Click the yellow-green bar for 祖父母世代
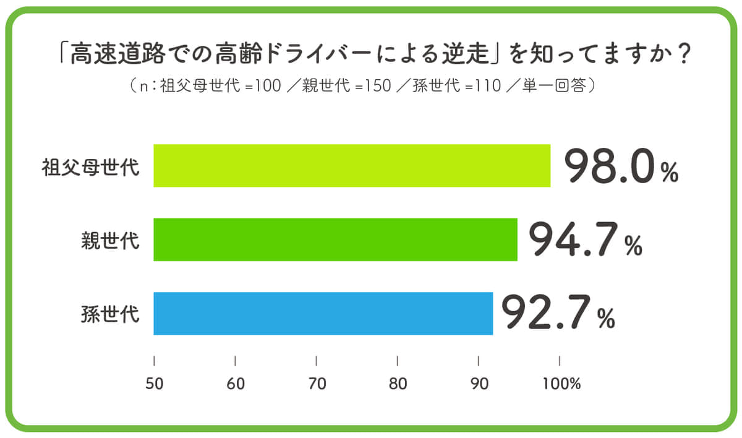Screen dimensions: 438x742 pos(351,166)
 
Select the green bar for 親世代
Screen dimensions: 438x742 pos(335,239)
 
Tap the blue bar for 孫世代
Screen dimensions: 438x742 pos(323,313)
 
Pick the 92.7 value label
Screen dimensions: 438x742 pos(546,313)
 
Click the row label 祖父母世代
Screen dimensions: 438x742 pos(90,167)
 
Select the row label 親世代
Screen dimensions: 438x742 pos(110,241)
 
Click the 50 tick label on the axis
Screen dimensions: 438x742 pos(154,384)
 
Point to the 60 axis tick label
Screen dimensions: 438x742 pos(236,384)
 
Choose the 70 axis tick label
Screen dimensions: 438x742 pos(317,384)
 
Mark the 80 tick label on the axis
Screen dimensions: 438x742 pos(398,384)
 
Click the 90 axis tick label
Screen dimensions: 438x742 pos(479,384)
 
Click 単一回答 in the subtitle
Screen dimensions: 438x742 pos(555,86)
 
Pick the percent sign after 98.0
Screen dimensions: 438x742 pos(670,174)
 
